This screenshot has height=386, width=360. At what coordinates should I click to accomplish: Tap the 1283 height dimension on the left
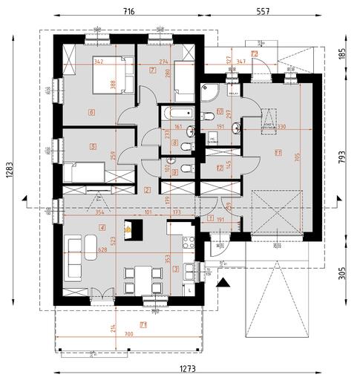click(x=10, y=172)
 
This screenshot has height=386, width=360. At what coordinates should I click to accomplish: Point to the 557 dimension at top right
click(x=262, y=12)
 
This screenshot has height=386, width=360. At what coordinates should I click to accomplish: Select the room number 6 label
click(x=91, y=114)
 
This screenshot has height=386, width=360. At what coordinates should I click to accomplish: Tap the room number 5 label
click(x=93, y=147)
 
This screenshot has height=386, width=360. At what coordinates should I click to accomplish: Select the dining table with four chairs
click(x=140, y=279)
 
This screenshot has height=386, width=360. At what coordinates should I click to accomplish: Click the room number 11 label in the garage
click(x=278, y=154)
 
